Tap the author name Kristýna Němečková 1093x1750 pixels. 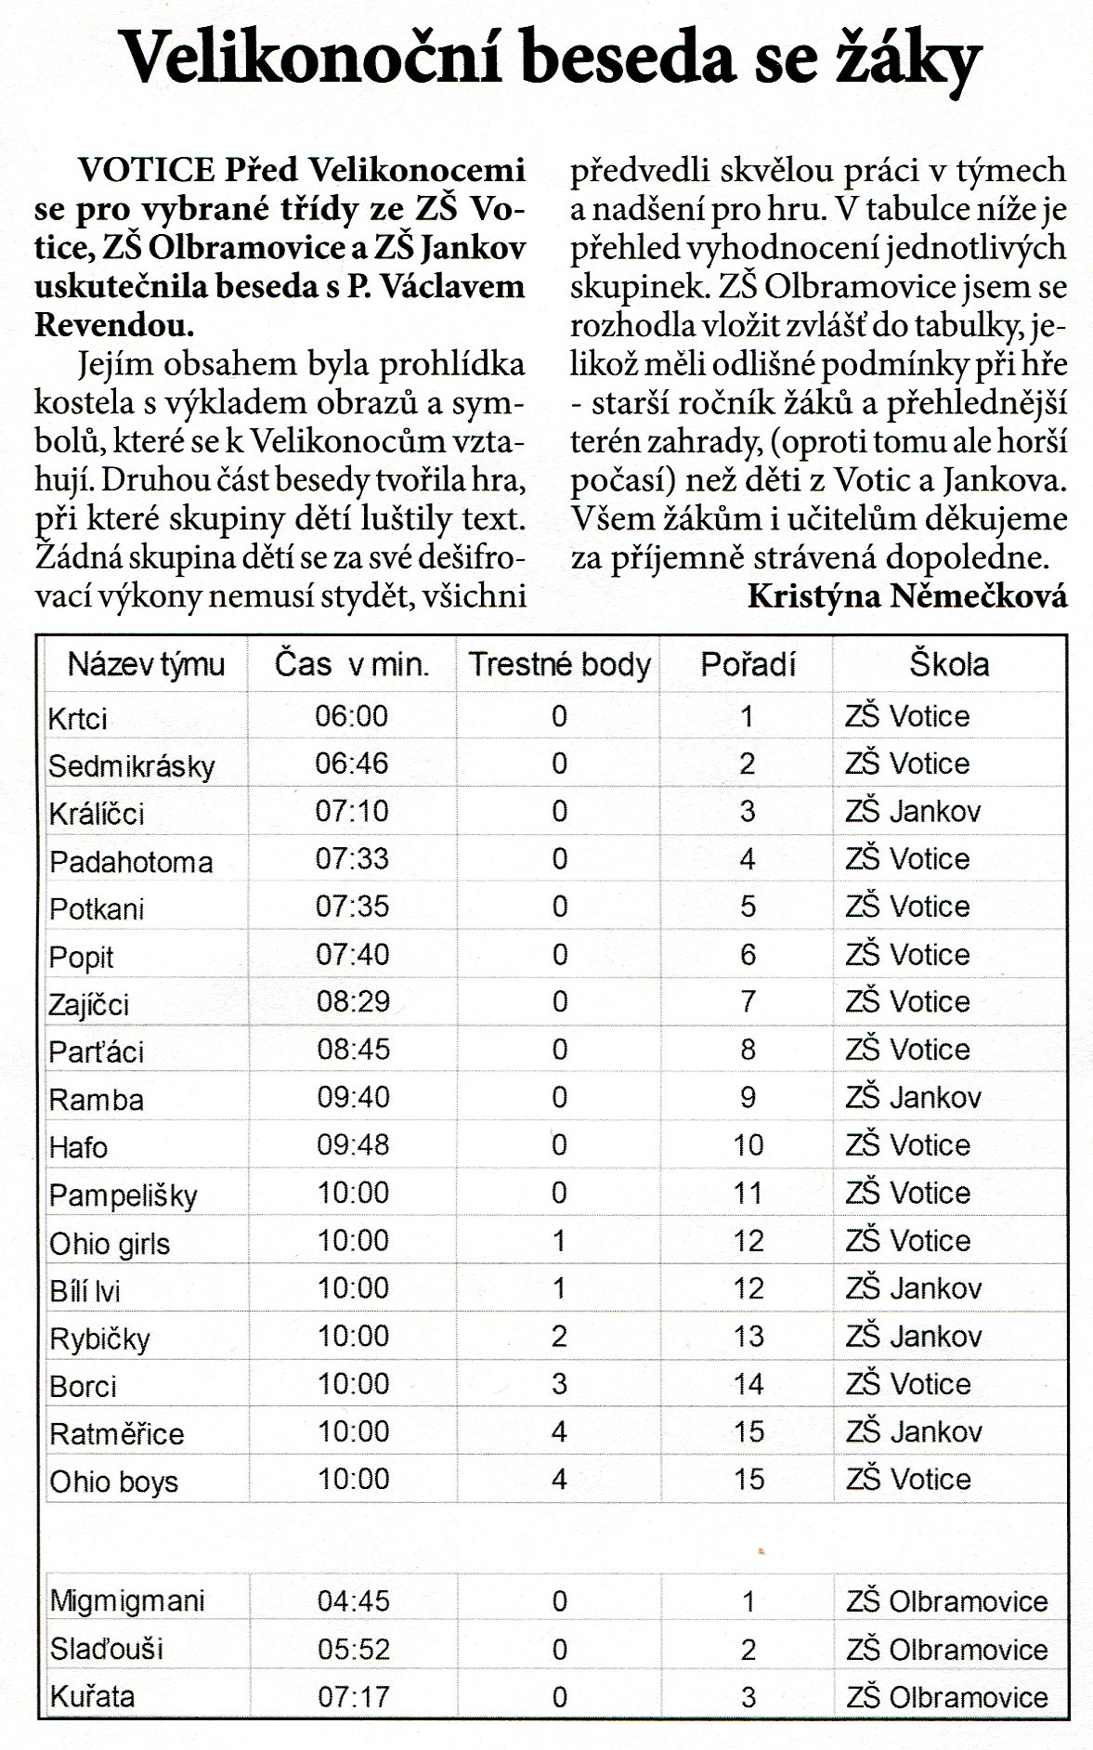906,596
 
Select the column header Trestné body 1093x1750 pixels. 559,665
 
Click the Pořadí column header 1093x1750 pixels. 748,665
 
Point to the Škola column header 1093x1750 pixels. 948,665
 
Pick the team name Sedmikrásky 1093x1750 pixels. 132,766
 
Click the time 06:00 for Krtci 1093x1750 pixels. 352,716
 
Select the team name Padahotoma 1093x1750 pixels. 131,862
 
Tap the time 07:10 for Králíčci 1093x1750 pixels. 352,812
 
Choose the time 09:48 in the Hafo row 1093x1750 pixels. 353,1144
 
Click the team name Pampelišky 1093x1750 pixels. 123,1195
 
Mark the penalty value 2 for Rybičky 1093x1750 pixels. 559,1336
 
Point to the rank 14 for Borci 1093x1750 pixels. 748,1384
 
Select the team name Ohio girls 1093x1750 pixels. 110,1244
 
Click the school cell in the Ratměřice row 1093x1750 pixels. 913,1431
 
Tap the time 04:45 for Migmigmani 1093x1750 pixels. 353,1601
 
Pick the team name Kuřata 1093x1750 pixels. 92,1697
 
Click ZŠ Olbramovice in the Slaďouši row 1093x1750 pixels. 946,1650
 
